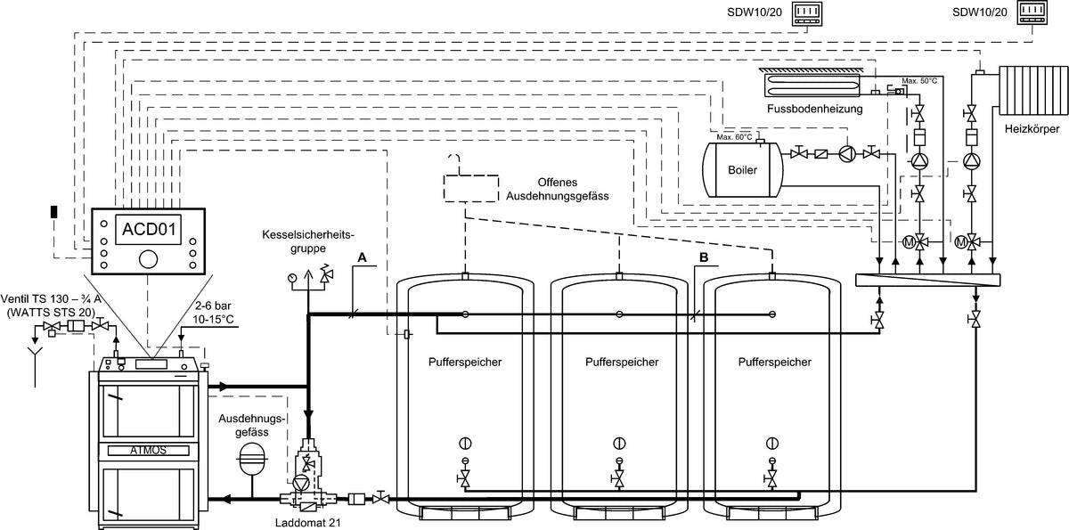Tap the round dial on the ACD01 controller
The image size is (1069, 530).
pos(149,259)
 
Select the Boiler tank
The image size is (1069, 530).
pos(736,169)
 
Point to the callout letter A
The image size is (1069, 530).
pos(362,257)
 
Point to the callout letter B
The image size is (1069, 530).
pos(704,257)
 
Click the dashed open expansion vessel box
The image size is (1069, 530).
pos(469,187)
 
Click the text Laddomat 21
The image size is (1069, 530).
pos(307,523)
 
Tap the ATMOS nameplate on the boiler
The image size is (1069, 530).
pos(149,450)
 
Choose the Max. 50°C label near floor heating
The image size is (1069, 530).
pos(919,81)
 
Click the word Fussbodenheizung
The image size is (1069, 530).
pos(814,109)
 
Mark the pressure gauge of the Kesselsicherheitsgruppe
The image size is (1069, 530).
pos(293,278)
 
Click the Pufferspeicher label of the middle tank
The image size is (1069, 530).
pos(622,363)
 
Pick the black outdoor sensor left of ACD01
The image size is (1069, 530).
pos(53,212)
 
